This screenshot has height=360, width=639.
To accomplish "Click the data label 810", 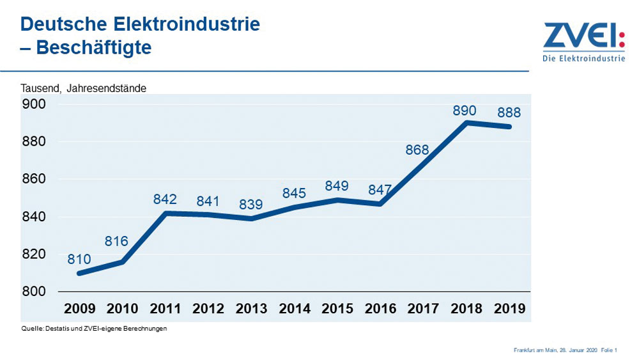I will pos(79,260).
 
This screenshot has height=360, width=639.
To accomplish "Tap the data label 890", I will pos(465,111).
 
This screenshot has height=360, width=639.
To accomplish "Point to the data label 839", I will pos(251,205).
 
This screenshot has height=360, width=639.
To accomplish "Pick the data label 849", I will pos(336,187).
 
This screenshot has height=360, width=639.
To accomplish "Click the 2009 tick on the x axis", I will pos(79,309).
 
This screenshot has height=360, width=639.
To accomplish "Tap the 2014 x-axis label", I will pos(294,309).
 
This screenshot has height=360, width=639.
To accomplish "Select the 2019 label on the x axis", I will pos(509,309).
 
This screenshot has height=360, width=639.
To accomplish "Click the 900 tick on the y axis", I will pos(35,104).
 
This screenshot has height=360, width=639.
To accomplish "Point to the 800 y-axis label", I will pos(35,292).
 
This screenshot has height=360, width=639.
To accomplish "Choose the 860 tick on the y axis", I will pos(35,179).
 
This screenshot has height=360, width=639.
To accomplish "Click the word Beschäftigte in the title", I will pos(94,48).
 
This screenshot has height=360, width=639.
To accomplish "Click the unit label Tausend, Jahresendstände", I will pos(84,89).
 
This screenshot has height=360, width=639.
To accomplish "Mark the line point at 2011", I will pos(166,213).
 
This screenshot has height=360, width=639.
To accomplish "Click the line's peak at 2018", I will pos(466,123).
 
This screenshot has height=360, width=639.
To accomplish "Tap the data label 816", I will pos(117,242).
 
